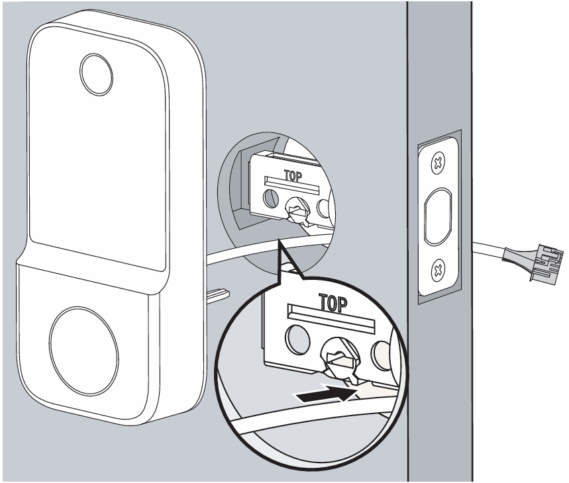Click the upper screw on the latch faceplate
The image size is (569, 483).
[437, 164]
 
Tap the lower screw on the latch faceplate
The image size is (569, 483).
[437, 268]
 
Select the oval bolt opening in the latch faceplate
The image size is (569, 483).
[438, 216]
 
